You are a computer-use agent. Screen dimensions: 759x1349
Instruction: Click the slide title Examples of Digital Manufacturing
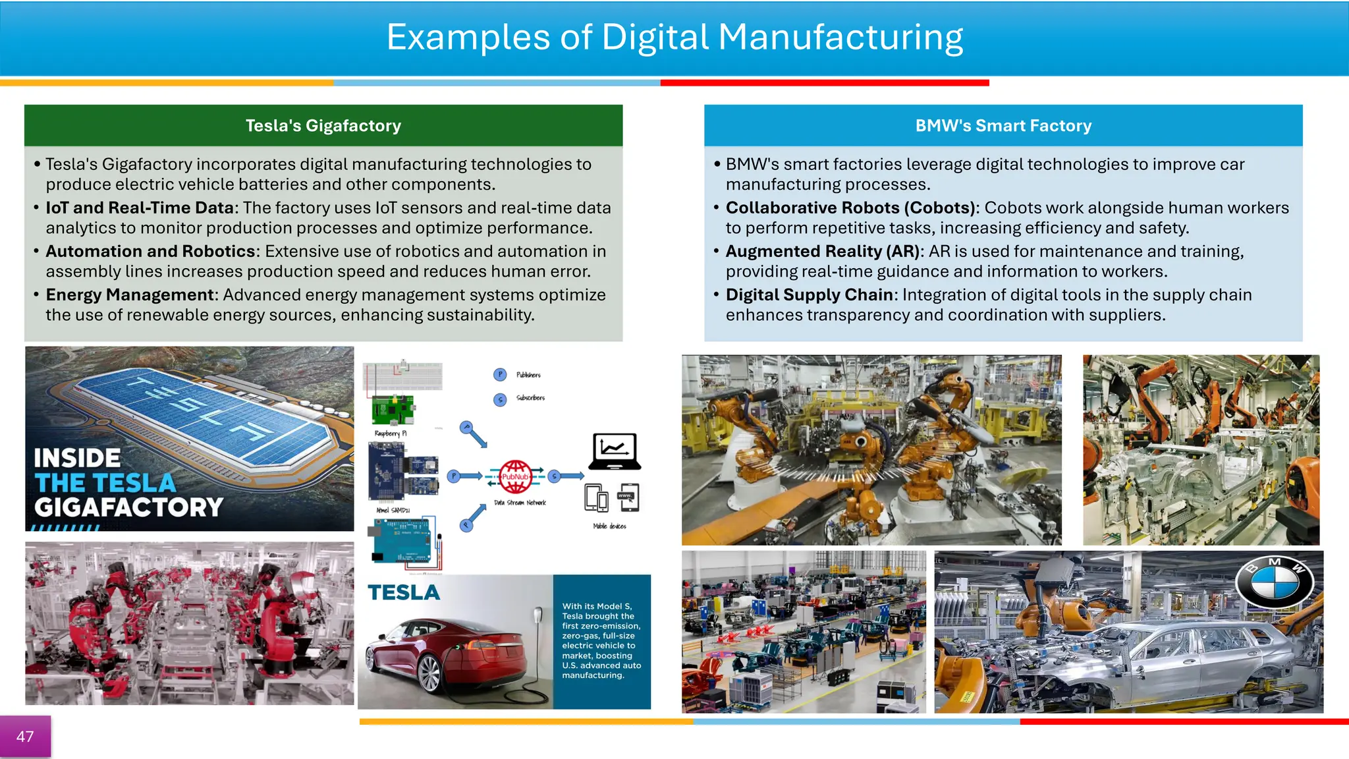[674, 38]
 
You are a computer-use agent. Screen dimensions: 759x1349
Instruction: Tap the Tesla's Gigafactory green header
[323, 126]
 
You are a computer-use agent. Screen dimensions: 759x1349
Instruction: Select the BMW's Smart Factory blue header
[1003, 126]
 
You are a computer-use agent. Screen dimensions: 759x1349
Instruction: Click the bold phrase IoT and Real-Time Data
[140, 208]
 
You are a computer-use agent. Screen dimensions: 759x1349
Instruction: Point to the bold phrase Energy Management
[130, 295]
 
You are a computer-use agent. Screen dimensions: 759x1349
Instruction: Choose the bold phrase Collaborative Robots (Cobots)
[850, 208]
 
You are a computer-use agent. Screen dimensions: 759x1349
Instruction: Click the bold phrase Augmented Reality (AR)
[824, 252]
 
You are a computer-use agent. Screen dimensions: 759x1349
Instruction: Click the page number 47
[25, 737]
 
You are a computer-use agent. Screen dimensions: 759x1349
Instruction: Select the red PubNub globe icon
[515, 476]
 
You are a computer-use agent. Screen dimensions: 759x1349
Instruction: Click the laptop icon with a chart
[615, 451]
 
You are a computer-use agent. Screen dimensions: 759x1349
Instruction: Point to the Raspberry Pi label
[391, 434]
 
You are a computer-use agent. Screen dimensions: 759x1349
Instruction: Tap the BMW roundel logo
[1275, 582]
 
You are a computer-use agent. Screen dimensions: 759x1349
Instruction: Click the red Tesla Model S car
[448, 652]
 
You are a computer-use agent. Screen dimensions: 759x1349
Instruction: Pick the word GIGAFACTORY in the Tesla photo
[129, 507]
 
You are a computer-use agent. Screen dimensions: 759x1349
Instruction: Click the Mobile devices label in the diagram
[609, 526]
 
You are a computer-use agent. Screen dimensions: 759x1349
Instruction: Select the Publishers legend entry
[528, 375]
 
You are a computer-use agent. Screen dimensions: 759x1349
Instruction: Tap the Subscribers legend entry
[530, 398]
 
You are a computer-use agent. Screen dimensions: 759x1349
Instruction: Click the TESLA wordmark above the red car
[404, 593]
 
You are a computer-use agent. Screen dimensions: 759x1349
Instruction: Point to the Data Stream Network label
[520, 503]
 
